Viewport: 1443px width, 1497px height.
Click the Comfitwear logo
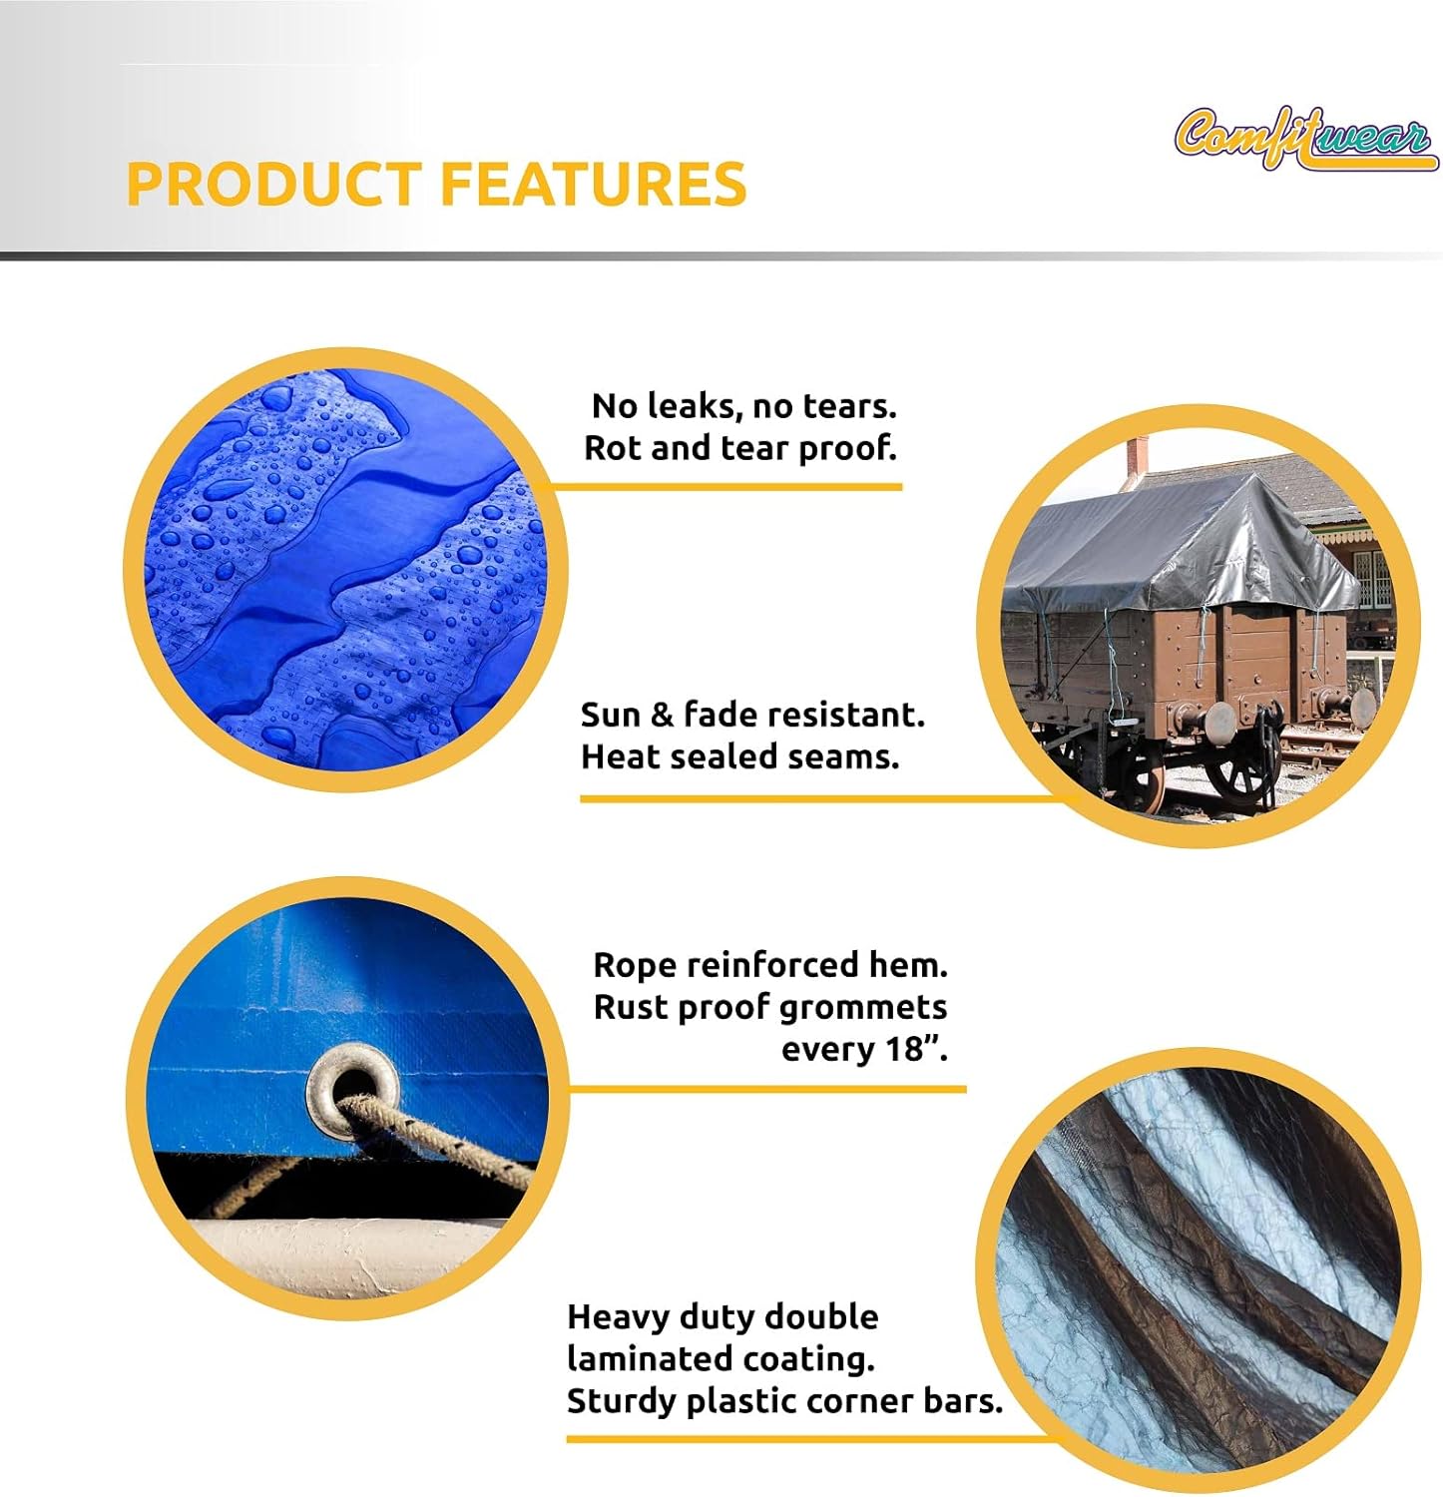[x=1304, y=138]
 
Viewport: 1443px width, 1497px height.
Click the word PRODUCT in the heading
[x=273, y=184]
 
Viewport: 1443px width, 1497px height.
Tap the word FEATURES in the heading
[x=593, y=184]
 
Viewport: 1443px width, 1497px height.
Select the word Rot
[x=613, y=448]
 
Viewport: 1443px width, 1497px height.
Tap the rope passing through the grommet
[x=439, y=1138]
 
